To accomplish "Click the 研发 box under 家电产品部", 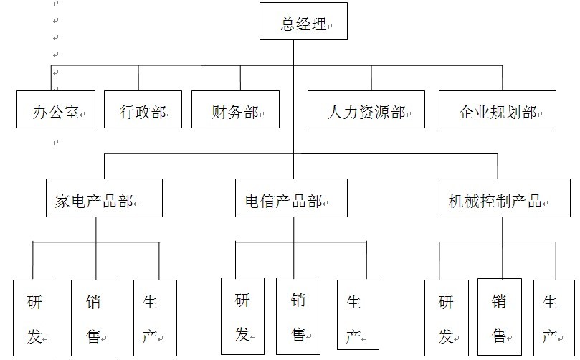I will [x=35, y=318].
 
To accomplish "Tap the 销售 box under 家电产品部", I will [x=93, y=318].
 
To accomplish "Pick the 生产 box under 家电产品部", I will [x=155, y=318].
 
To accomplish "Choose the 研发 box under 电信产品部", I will [x=242, y=315].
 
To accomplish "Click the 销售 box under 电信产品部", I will [x=298, y=315].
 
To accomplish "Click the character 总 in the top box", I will [x=287, y=24].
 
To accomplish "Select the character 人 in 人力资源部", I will [x=333, y=113].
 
